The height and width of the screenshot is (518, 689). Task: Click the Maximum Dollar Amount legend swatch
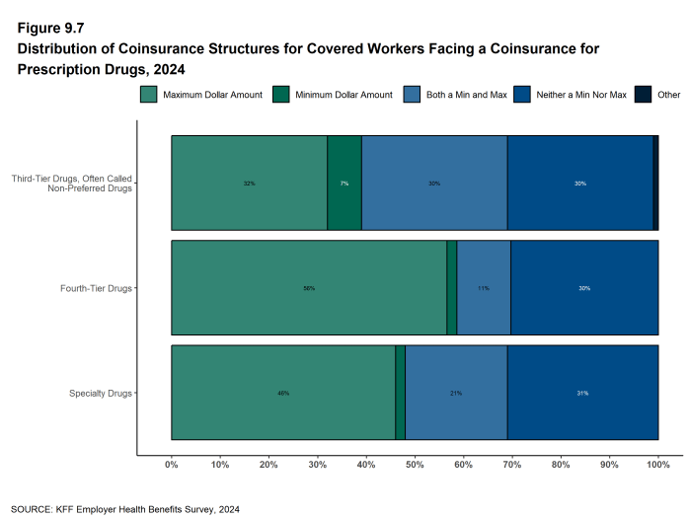click(x=149, y=95)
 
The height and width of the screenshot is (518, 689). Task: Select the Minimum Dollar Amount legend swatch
click(x=281, y=95)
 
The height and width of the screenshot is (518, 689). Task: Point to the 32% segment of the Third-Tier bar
click(x=249, y=184)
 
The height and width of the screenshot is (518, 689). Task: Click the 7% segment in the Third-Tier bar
click(x=344, y=184)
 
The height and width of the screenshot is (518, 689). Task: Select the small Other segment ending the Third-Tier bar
click(x=655, y=184)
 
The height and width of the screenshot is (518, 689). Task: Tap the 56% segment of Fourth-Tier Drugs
click(x=309, y=288)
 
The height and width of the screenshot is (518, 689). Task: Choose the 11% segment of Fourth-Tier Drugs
click(x=484, y=288)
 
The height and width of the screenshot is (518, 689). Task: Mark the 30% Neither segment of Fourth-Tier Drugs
click(x=584, y=288)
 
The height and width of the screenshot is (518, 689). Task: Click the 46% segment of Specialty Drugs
click(x=283, y=393)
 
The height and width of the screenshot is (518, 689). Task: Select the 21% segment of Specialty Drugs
click(x=456, y=393)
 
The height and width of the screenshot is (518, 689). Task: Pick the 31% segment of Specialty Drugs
click(x=582, y=393)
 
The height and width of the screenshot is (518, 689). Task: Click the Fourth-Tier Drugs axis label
click(x=96, y=288)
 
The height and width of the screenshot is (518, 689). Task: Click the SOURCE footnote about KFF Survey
click(x=125, y=509)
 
